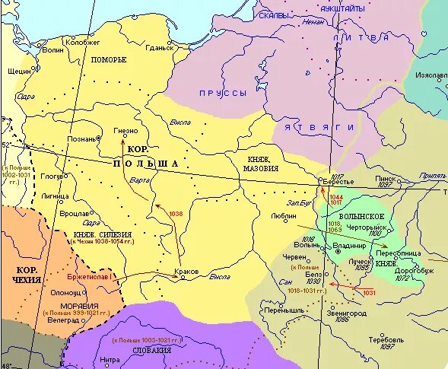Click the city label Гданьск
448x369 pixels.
click(159, 48)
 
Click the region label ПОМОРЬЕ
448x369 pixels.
click(109, 59)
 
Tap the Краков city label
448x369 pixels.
click(186, 272)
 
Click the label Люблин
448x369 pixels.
click(284, 216)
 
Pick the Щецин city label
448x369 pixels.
click(16, 69)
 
